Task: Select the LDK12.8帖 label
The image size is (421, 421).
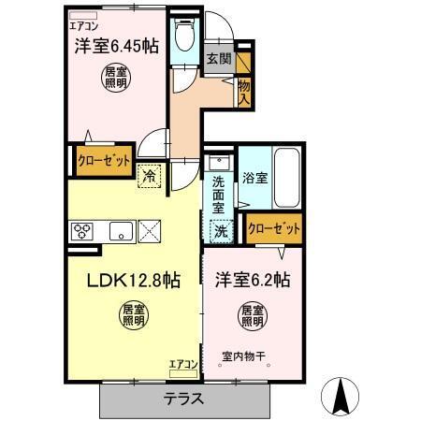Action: [135, 280]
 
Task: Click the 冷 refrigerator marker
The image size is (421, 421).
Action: [149, 174]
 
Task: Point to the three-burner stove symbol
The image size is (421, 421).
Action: [80, 230]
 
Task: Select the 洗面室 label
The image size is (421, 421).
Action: [217, 188]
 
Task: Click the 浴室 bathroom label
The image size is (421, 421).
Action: [257, 176]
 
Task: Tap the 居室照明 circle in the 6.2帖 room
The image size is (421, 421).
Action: [252, 314]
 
